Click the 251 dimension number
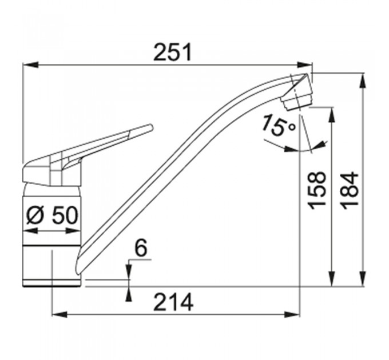(x=173, y=52)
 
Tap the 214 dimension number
(x=173, y=302)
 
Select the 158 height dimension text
(x=316, y=190)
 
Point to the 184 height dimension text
(x=350, y=190)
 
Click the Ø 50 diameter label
(x=52, y=215)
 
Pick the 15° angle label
(x=279, y=126)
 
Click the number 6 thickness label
(x=141, y=248)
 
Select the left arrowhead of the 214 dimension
(x=60, y=315)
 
